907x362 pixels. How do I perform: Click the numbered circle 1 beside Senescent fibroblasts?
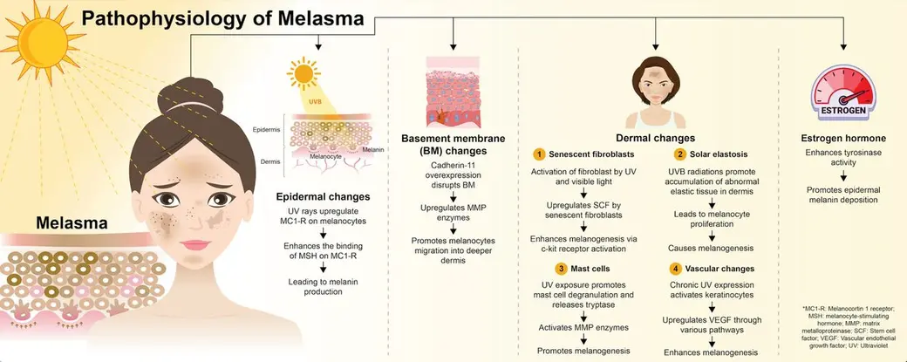[539, 154]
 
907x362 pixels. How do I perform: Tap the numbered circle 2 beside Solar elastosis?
[679, 154]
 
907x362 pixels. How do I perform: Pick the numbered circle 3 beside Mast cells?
[561, 269]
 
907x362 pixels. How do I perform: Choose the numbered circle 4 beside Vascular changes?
[675, 269]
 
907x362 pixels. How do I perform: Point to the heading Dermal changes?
[655, 138]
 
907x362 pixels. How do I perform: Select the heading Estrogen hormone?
[843, 138]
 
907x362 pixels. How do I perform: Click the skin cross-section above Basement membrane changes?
[453, 92]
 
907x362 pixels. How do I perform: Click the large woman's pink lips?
[195, 244]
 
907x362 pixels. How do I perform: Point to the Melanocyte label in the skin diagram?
[325, 156]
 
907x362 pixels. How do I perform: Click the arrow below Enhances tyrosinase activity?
[843, 175]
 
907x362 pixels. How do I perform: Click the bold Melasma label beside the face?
[72, 222]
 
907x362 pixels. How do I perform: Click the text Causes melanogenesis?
[710, 248]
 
